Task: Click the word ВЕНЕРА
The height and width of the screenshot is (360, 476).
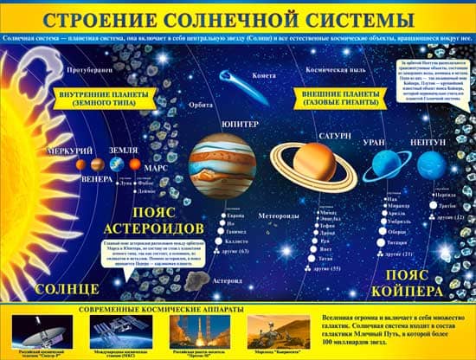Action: pyautogui.click(x=96, y=180)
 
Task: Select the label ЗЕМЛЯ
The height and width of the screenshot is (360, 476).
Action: pyautogui.click(x=124, y=149)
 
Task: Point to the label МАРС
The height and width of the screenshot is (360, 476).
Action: pyautogui.click(x=156, y=168)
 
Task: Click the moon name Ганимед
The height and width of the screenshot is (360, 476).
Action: pyautogui.click(x=235, y=233)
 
